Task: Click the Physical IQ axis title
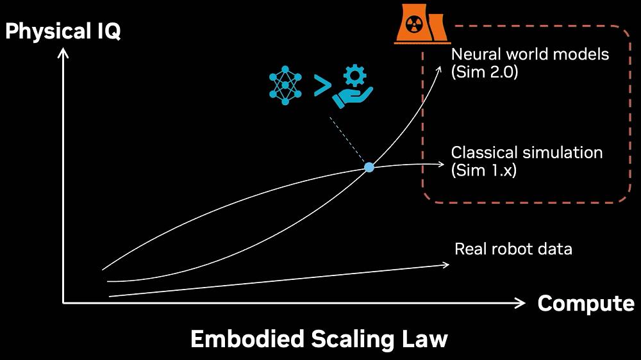tap(63, 31)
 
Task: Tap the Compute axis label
tap(586, 303)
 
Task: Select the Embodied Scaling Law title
tap(319, 339)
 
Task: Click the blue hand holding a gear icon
tap(352, 90)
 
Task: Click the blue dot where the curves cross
tap(369, 167)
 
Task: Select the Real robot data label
tap(513, 249)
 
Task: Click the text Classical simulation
tap(527, 153)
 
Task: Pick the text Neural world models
tap(530, 54)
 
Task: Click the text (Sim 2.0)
tap(485, 72)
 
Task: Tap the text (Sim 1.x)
tap(484, 171)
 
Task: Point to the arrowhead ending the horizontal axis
tap(522, 303)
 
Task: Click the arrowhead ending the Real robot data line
tap(445, 264)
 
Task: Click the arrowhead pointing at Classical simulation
tap(440, 165)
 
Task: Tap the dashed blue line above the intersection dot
tap(348, 142)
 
